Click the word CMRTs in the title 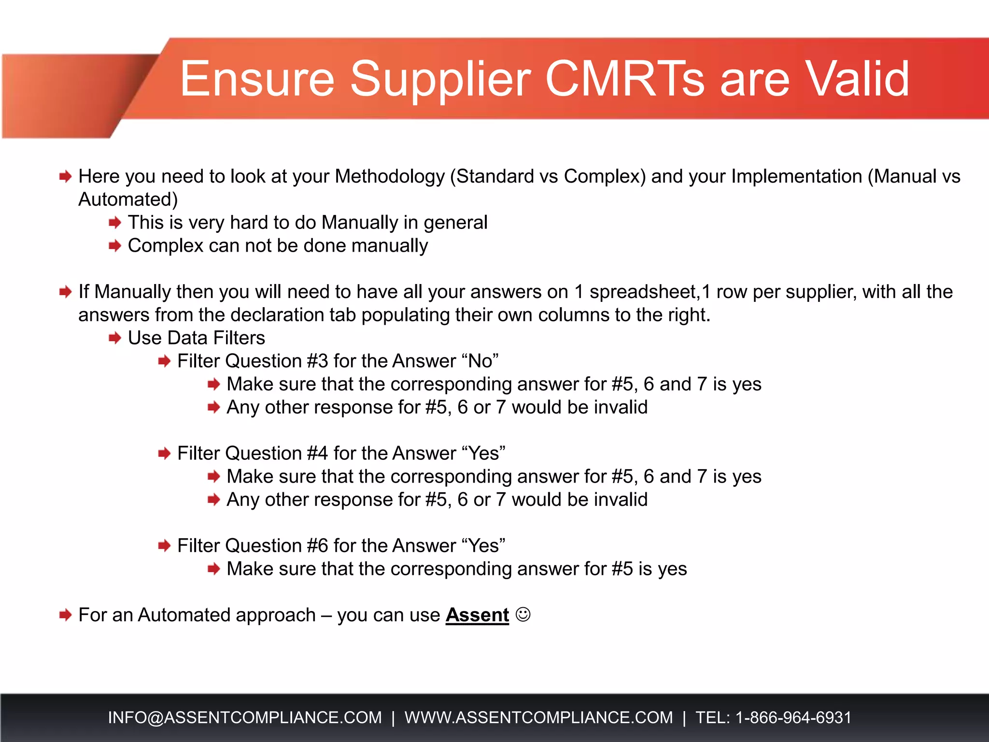pyautogui.click(x=625, y=79)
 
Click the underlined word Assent pyautogui.click(x=477, y=615)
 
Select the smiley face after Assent pyautogui.click(x=523, y=614)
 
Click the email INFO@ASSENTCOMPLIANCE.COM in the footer pyautogui.click(x=245, y=717)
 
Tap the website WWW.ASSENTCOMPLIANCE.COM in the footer pyautogui.click(x=538, y=717)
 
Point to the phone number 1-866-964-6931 pyautogui.click(x=793, y=717)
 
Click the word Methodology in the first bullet pyautogui.click(x=389, y=177)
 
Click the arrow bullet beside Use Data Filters pyautogui.click(x=115, y=338)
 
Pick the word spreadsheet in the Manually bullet pyautogui.click(x=644, y=292)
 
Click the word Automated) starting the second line pyautogui.click(x=128, y=200)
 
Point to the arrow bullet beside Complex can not pyautogui.click(x=115, y=246)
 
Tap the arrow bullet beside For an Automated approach pyautogui.click(x=65, y=615)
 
